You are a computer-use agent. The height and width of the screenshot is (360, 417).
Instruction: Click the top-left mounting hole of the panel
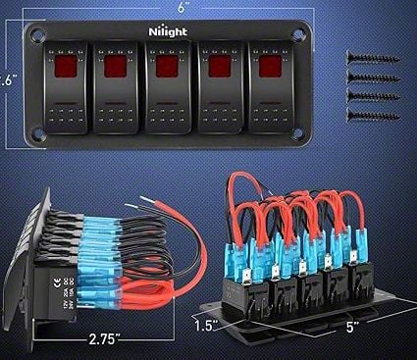[38, 36]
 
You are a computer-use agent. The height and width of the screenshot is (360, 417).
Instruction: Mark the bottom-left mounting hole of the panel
[38, 135]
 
